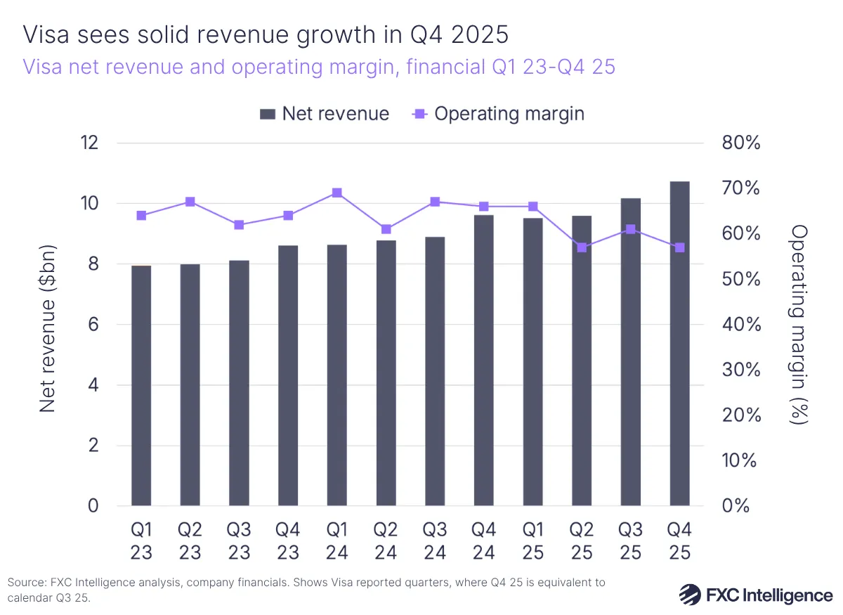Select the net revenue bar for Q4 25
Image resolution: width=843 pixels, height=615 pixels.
pyautogui.click(x=679, y=344)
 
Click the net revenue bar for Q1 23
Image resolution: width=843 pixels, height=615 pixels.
pyautogui.click(x=141, y=387)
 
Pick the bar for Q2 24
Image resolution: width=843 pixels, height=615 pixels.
pyautogui.click(x=386, y=373)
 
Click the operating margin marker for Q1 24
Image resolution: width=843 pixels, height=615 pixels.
pyautogui.click(x=336, y=193)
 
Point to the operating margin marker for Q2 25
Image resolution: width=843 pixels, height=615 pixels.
pyautogui.click(x=581, y=247)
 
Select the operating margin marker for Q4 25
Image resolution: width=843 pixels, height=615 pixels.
pyautogui.click(x=679, y=247)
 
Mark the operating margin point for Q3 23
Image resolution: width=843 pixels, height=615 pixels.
pyautogui.click(x=239, y=225)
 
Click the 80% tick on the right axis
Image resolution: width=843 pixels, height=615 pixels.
pyautogui.click(x=741, y=143)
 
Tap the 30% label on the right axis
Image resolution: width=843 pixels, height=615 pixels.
pyautogui.click(x=741, y=370)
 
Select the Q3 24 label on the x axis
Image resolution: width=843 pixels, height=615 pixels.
pyautogui.click(x=435, y=540)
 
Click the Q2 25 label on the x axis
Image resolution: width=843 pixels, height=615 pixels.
pyautogui.click(x=581, y=540)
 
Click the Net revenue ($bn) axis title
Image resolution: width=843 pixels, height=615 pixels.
pyautogui.click(x=47, y=327)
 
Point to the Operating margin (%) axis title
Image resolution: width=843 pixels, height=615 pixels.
pyautogui.click(x=799, y=324)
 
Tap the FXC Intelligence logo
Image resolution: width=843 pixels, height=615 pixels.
pyautogui.click(x=755, y=595)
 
